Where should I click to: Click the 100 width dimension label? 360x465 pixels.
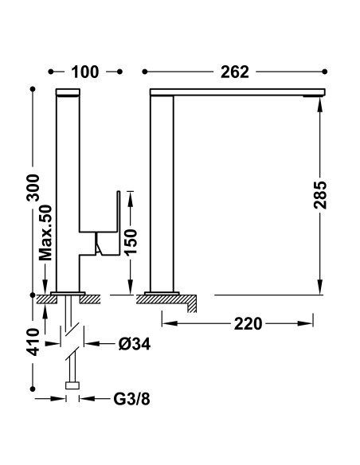pyautogui.click(x=84, y=72)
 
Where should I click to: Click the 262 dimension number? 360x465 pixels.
pyautogui.click(x=235, y=72)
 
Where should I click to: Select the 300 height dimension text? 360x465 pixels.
pyautogui.click(x=33, y=188)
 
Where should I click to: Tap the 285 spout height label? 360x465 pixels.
pyautogui.click(x=320, y=195)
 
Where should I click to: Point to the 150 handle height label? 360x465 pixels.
pyautogui.click(x=131, y=242)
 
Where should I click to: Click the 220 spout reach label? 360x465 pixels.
pyautogui.click(x=248, y=323)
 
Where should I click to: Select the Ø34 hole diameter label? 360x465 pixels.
pyautogui.click(x=135, y=344)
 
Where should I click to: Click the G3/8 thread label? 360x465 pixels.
pyautogui.click(x=131, y=399)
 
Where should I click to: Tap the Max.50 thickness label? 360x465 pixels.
pyautogui.click(x=45, y=232)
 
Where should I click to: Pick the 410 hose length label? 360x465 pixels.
pyautogui.click(x=33, y=342)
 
